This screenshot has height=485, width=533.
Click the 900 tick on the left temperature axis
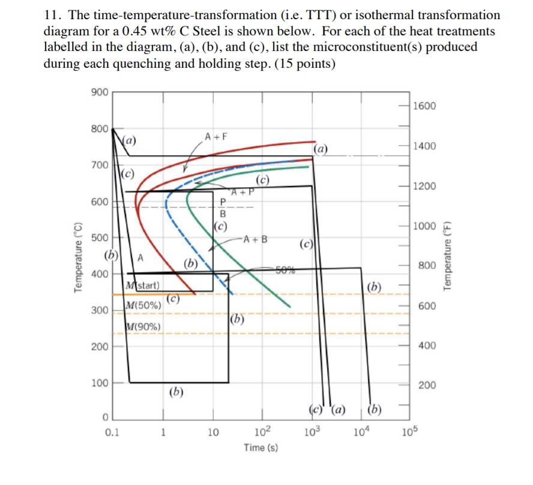point(99,92)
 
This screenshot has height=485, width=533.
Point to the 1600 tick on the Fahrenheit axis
point(425,106)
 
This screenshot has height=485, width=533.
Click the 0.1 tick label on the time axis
point(111,431)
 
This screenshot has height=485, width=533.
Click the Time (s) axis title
point(260,447)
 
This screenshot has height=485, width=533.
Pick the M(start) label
point(142,284)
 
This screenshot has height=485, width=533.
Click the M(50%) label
point(142,305)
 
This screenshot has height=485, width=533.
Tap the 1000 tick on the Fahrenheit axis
point(425,226)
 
